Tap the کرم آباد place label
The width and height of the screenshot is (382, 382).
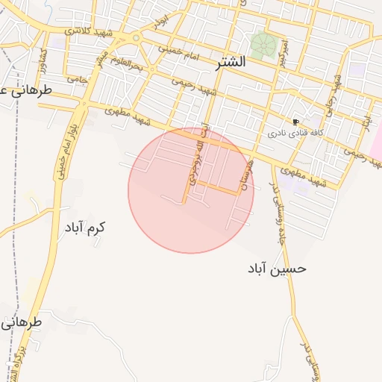coord(85,227)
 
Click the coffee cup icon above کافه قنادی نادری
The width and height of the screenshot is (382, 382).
coord(296,122)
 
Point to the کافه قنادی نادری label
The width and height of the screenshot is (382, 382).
coord(296,135)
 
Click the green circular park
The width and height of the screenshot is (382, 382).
coord(263,46)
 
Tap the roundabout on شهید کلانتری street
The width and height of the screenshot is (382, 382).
coord(135,37)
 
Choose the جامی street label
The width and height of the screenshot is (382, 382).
coord(77,78)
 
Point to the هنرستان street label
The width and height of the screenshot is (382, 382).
coord(248,174)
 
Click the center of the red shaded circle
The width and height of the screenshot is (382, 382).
coord(191,191)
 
